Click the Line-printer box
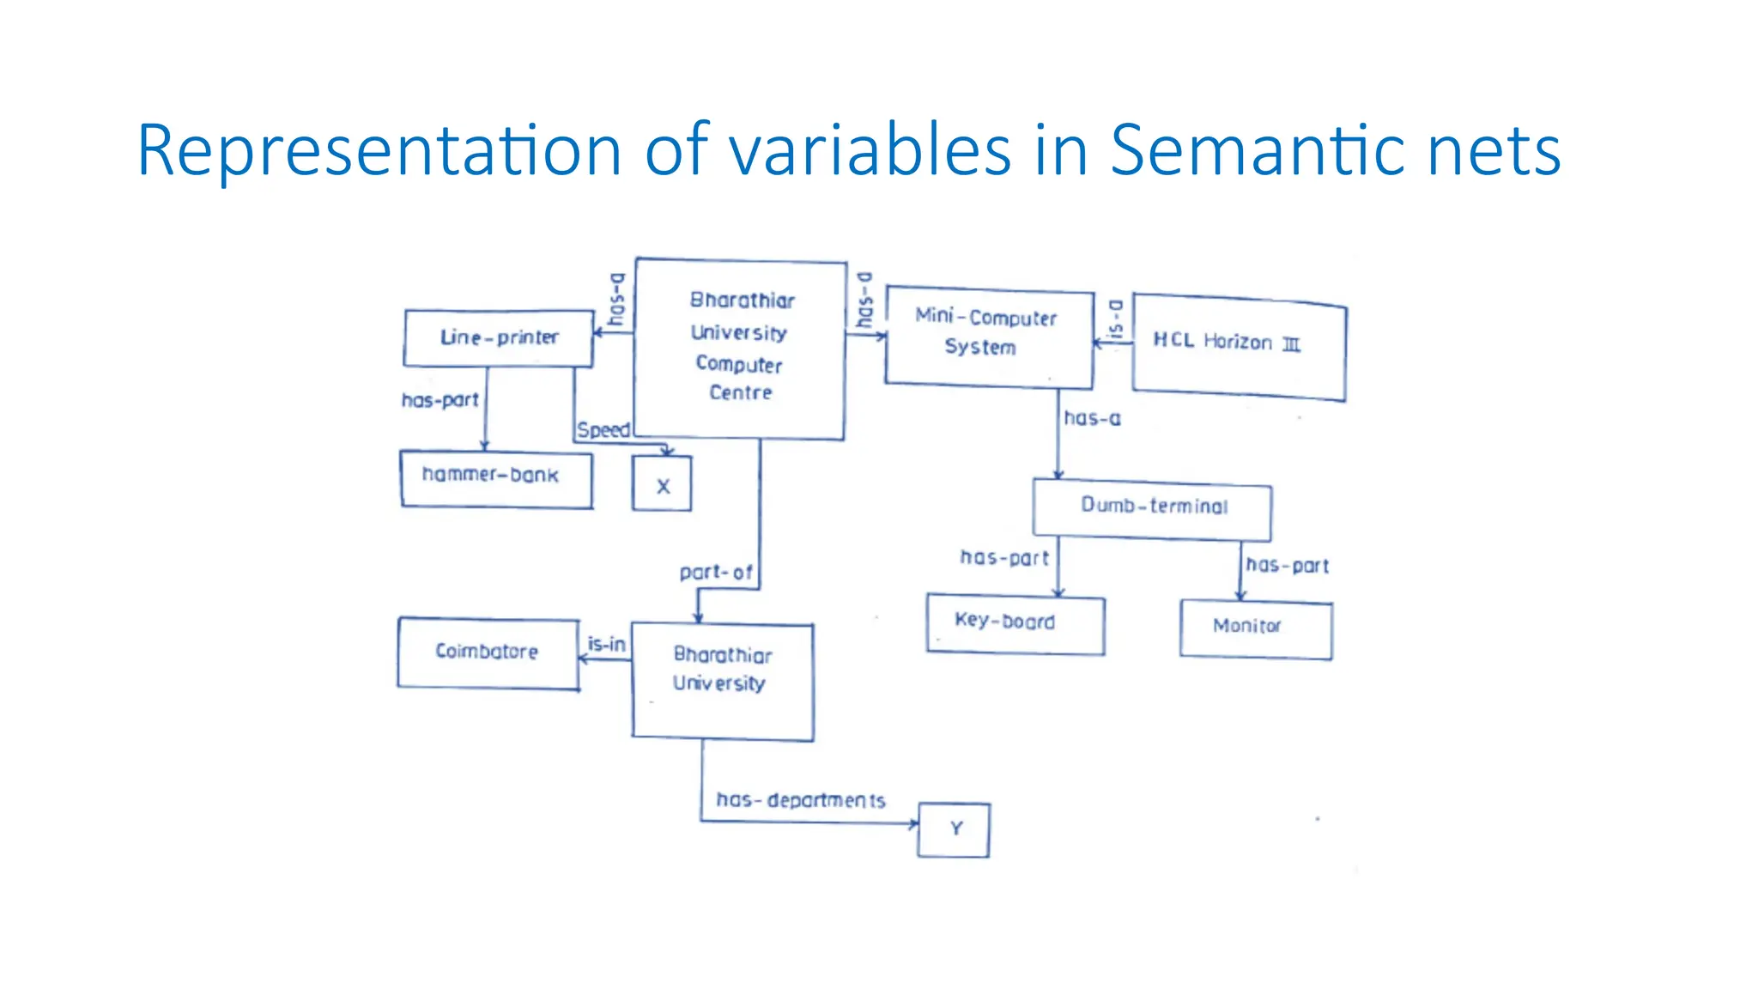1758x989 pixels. click(x=499, y=338)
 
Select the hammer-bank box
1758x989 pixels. click(x=495, y=479)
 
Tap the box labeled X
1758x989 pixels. click(x=662, y=484)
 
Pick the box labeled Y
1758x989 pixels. click(x=954, y=829)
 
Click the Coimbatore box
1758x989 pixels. click(x=488, y=652)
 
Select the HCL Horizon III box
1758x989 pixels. click(x=1239, y=346)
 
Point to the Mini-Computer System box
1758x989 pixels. click(x=988, y=335)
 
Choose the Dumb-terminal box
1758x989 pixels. click(x=1153, y=507)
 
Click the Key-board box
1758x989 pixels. click(x=1015, y=623)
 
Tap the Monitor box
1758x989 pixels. click(x=1255, y=628)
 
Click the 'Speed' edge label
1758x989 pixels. click(x=603, y=429)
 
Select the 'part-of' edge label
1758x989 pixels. click(x=715, y=572)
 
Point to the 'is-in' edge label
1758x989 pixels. click(x=606, y=644)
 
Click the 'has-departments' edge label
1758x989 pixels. click(x=800, y=800)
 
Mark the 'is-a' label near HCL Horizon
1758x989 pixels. click(x=1115, y=319)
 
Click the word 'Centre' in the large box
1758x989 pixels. click(x=740, y=393)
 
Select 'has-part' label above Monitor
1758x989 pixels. click(x=1287, y=566)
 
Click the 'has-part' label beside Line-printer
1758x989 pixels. click(x=439, y=400)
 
